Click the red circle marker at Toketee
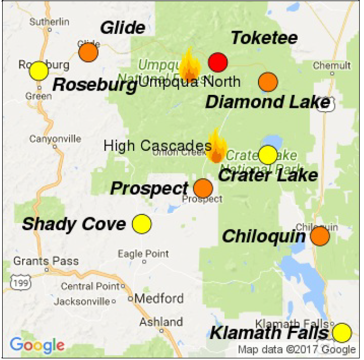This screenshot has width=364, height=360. [218, 63]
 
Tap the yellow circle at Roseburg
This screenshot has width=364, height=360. [39, 71]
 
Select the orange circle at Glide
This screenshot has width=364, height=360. [88, 53]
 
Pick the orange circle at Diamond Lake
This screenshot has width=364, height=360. [268, 82]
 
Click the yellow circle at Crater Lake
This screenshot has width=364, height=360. [268, 155]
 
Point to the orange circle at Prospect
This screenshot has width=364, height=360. [203, 189]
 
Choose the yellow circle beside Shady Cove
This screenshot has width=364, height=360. [142, 224]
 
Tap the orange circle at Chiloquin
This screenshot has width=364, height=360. [320, 236]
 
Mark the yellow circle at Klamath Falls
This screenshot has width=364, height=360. [341, 333]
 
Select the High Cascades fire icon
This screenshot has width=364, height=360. [216, 147]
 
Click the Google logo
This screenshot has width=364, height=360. [37, 345]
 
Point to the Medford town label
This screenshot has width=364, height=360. [159, 298]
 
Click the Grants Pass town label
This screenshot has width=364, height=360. [46, 261]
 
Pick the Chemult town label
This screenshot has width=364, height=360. [332, 65]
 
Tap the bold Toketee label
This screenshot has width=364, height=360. [264, 38]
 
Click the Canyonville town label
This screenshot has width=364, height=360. [55, 139]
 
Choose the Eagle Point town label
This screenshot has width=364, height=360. [143, 254]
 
